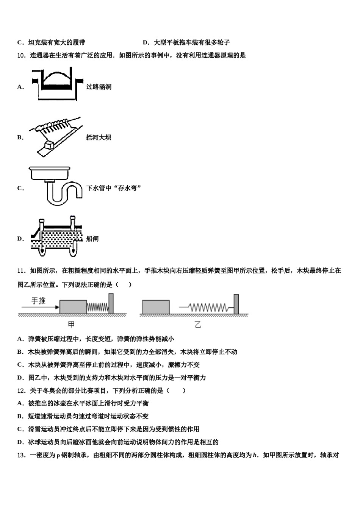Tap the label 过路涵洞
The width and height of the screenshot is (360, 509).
pos(99,87)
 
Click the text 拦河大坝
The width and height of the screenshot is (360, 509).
pos(99,137)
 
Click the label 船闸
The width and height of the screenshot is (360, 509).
pos(92,239)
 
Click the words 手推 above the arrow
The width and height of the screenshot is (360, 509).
pos(38,301)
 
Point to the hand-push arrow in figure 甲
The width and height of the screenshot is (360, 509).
pos(39,307)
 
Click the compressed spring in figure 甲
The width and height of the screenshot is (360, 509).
pos(97,308)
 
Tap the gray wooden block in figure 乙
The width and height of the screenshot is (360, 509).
pos(155,307)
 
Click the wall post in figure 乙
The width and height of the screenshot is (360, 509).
pos(236,304)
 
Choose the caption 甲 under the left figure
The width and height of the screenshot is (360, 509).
pos(71,324)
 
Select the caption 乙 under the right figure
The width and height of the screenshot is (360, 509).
pos(197,324)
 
